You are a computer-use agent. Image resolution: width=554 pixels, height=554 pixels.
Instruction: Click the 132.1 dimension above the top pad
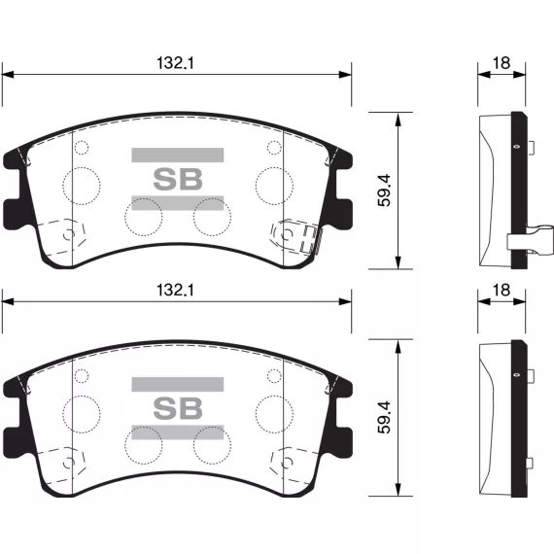tap(175, 63)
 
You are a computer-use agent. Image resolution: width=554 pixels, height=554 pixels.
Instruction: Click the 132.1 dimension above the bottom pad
tap(175, 291)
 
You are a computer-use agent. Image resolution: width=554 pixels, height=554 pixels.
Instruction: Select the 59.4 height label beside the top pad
tap(385, 190)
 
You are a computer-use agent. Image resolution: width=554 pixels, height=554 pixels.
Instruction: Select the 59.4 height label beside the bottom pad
tap(385, 417)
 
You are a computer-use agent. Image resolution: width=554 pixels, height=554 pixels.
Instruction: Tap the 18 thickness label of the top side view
tap(502, 63)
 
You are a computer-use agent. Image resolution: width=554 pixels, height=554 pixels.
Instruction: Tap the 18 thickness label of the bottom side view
tap(502, 291)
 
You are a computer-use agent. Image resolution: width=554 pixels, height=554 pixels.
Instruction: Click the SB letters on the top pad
tap(178, 179)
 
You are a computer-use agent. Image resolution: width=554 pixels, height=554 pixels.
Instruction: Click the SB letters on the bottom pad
tap(178, 408)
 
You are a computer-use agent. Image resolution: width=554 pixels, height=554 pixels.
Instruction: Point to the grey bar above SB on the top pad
tap(178, 156)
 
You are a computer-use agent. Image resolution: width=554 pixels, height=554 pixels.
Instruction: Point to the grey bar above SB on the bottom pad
tap(178, 385)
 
